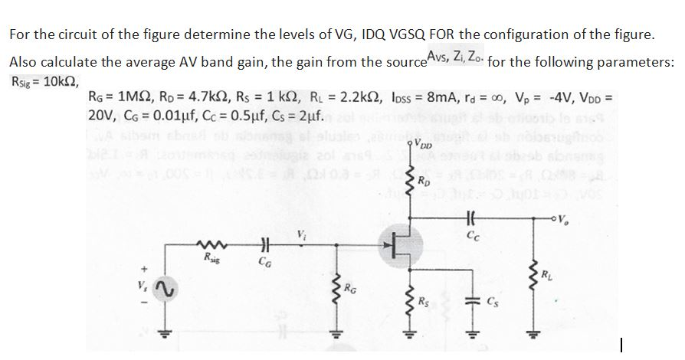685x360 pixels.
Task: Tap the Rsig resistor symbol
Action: coord(207,247)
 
